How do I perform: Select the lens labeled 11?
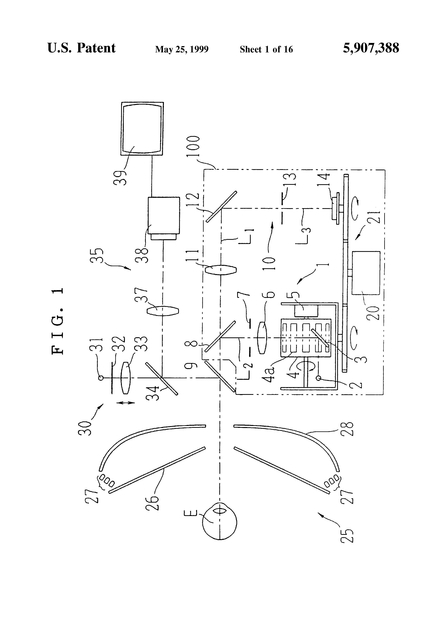[221, 270]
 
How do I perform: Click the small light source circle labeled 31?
[101, 378]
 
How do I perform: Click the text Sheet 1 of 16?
[266, 49]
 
